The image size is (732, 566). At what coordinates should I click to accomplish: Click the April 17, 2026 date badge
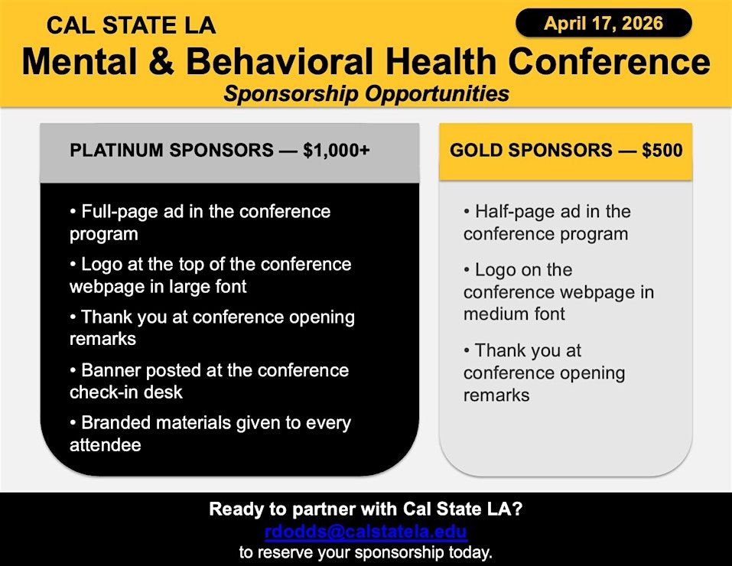pyautogui.click(x=603, y=23)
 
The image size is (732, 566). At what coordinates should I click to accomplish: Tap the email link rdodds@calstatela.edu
pyautogui.click(x=366, y=532)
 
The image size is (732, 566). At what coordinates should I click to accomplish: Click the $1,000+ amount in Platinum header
pyautogui.click(x=336, y=150)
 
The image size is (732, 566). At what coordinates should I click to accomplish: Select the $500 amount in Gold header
pyautogui.click(x=662, y=150)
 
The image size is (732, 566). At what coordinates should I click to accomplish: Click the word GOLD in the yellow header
pyautogui.click(x=476, y=151)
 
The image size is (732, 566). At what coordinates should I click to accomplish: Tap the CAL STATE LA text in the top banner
pyautogui.click(x=132, y=25)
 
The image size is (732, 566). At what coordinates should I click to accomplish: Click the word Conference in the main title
pyautogui.click(x=609, y=62)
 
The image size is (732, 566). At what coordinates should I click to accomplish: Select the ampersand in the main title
pyautogui.click(x=162, y=62)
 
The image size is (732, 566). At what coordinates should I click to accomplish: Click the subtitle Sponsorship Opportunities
pyautogui.click(x=366, y=93)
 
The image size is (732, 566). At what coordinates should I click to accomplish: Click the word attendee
pyautogui.click(x=105, y=445)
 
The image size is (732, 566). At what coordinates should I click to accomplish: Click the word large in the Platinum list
pyautogui.click(x=187, y=287)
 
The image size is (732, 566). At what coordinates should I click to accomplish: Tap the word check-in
pyautogui.click(x=106, y=392)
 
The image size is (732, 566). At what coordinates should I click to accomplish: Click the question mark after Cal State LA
pyautogui.click(x=517, y=509)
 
